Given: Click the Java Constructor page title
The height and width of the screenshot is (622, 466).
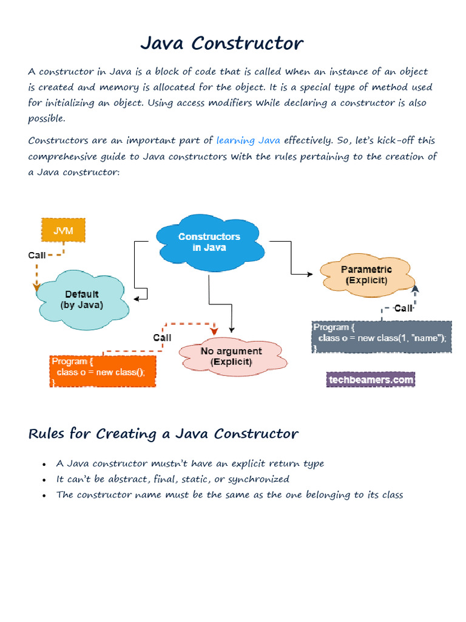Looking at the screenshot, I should coord(221,44).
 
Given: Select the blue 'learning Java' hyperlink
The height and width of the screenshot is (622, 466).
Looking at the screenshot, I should coord(248,141).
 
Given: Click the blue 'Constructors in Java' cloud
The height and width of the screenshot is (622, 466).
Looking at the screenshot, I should coord(209,242).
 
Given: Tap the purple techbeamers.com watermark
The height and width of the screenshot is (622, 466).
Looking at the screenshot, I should coord(370,380).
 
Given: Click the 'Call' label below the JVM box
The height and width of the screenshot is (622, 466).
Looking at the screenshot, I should coord(37,255).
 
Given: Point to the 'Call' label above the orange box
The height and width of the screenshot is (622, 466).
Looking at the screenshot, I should coord(162,338).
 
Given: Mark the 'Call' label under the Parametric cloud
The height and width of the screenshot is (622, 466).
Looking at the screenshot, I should coord(403,309).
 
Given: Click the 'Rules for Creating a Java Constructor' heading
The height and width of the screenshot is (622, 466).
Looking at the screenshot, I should coord(163,434).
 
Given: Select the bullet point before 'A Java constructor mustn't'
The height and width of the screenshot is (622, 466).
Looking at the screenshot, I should coord(44,465).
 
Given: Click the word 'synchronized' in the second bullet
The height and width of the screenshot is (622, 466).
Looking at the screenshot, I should coord(259,479).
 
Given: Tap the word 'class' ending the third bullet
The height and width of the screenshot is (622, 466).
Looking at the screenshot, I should coord(391,494).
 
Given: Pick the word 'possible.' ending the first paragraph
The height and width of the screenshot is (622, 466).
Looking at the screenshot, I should coord(47,118).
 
